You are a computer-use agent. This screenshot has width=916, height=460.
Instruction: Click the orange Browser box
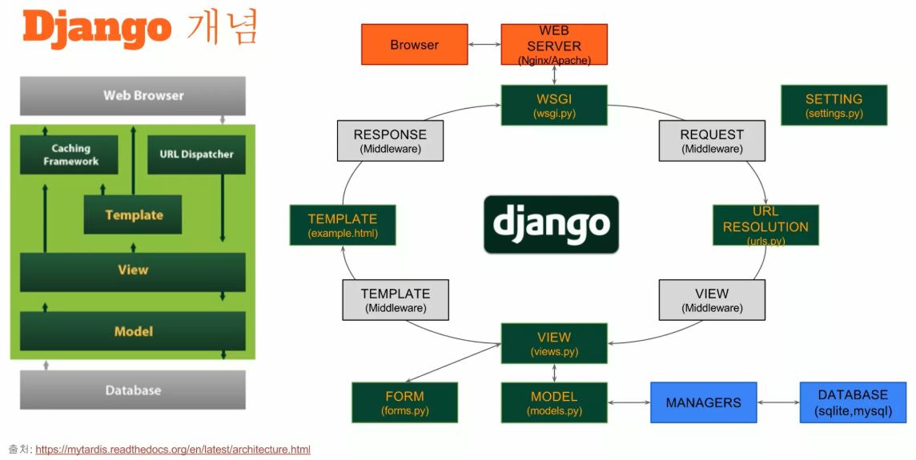pyautogui.click(x=414, y=45)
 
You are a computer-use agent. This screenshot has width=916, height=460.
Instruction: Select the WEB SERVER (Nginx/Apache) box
pyautogui.click(x=553, y=45)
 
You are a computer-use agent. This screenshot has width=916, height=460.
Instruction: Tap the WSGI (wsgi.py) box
pyautogui.click(x=553, y=105)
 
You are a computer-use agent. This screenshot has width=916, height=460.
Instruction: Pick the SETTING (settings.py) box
pyautogui.click(x=834, y=106)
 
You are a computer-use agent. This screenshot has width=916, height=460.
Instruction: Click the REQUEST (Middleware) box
pyautogui.click(x=712, y=141)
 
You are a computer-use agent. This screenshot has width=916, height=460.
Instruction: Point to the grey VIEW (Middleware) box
pyautogui.click(x=712, y=300)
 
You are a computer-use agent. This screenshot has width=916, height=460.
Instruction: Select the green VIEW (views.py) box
pyautogui.click(x=553, y=343)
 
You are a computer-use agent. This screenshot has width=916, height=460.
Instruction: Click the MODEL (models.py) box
pyautogui.click(x=553, y=402)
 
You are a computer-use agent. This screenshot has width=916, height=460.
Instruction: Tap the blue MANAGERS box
pyautogui.click(x=703, y=402)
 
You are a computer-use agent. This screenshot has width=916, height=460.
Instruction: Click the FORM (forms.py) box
pyautogui.click(x=404, y=402)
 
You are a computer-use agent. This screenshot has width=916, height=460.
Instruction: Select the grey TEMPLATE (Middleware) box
pyautogui.click(x=395, y=300)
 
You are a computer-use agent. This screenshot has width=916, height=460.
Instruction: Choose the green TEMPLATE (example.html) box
pyautogui.click(x=342, y=225)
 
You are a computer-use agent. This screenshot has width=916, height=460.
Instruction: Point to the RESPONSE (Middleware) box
pyautogui.click(x=390, y=141)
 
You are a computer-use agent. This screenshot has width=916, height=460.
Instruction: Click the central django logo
pyautogui.click(x=551, y=225)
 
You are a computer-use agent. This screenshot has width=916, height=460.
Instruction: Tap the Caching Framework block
pyautogui.click(x=70, y=154)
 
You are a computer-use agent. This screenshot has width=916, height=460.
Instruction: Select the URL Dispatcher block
pyautogui.click(x=196, y=154)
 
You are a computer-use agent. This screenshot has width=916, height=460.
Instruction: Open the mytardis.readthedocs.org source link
pyautogui.click(x=173, y=450)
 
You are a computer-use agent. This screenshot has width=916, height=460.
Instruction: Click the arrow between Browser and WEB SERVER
pyautogui.click(x=484, y=45)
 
